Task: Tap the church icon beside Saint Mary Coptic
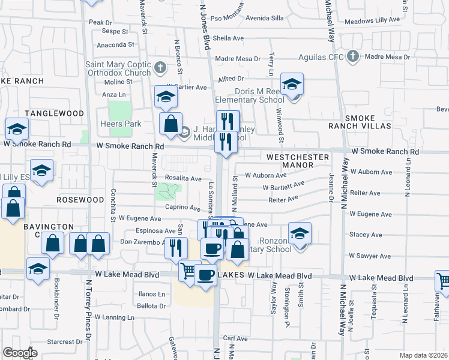160,67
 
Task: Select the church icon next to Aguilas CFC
353,57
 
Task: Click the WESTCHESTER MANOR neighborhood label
298,161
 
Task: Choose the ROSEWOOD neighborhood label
80,199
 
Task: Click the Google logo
20,353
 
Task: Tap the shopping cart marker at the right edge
442,280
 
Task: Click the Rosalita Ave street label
183,178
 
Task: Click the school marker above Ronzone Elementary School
300,233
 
